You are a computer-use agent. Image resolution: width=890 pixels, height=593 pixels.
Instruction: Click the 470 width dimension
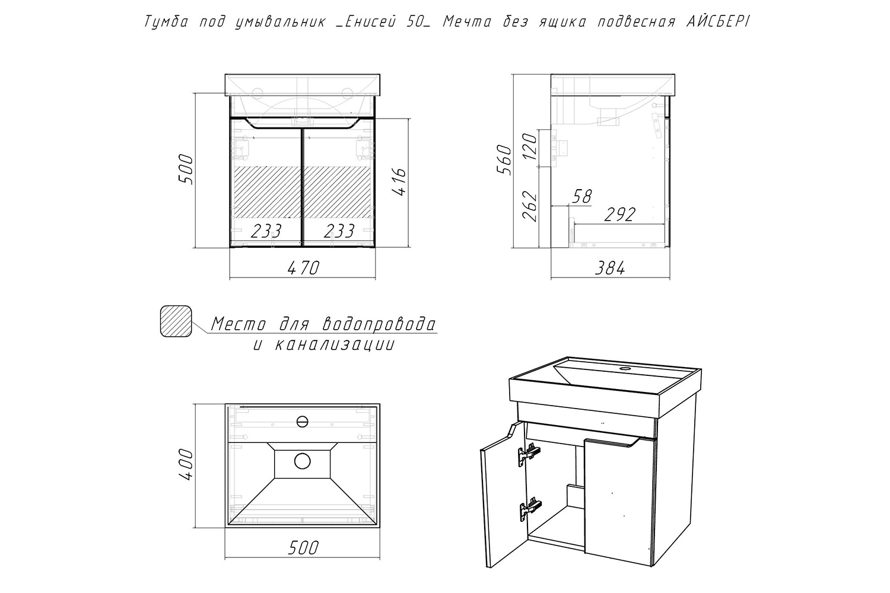[303, 268]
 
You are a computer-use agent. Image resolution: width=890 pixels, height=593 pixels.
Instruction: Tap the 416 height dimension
[399, 181]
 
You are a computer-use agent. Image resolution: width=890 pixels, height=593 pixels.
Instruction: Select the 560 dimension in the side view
[504, 160]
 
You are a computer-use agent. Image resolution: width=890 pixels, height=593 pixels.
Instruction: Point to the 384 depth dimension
[610, 269]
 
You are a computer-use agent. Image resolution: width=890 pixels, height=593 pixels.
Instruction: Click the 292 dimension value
[620, 215]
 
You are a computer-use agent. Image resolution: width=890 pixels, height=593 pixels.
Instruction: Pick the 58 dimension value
[582, 197]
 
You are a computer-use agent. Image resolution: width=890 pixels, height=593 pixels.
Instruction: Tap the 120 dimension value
[530, 146]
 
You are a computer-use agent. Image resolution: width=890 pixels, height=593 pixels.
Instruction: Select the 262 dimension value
[530, 206]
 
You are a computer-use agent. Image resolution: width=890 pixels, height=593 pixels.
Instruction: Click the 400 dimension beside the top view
[186, 464]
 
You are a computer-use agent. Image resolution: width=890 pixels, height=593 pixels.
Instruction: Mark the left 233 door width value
[266, 231]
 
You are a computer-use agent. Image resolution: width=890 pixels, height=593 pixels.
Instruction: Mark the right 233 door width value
[339, 231]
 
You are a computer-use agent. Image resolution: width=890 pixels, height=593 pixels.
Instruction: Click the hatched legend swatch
[176, 321]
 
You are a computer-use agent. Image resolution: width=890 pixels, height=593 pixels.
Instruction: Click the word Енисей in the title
[370, 22]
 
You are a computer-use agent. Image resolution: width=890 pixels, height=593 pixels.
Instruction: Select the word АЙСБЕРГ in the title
[718, 21]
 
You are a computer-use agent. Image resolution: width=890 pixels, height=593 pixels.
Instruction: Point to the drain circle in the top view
[303, 461]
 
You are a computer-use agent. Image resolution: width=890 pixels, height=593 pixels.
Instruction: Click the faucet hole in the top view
[303, 422]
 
